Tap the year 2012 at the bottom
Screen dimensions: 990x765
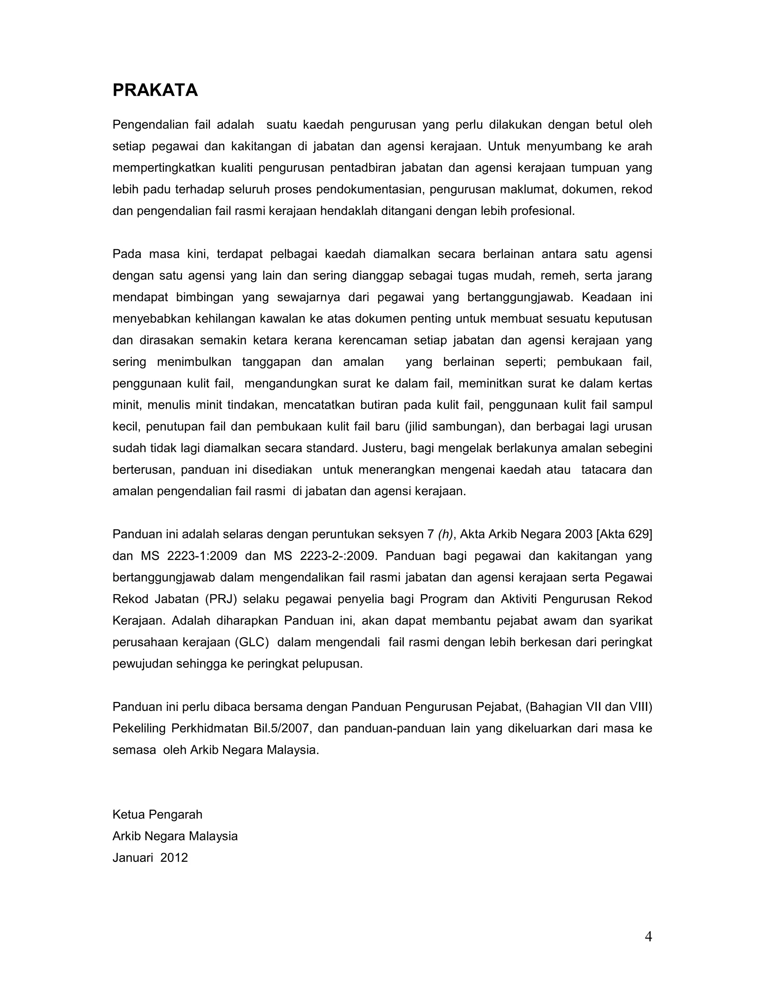coord(174,858)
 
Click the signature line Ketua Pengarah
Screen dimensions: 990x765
coord(157,814)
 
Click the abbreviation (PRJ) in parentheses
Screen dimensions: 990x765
coord(221,599)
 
